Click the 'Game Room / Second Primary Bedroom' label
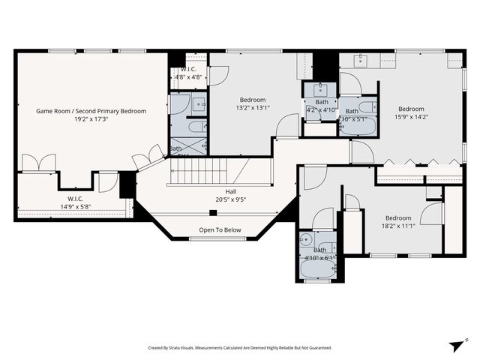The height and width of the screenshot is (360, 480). coord(91,111)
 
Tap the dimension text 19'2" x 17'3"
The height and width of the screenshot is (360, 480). coord(91,119)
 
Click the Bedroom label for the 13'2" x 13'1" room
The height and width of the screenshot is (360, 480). coord(252,100)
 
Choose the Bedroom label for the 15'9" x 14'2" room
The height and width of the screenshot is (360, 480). coord(411,109)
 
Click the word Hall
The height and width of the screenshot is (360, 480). coord(220,191)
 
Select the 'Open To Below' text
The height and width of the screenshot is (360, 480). coord(220,230)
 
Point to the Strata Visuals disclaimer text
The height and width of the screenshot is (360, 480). coord(239,348)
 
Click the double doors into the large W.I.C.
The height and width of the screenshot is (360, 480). coord(38,163)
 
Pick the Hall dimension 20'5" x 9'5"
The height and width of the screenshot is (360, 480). coord(220,199)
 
